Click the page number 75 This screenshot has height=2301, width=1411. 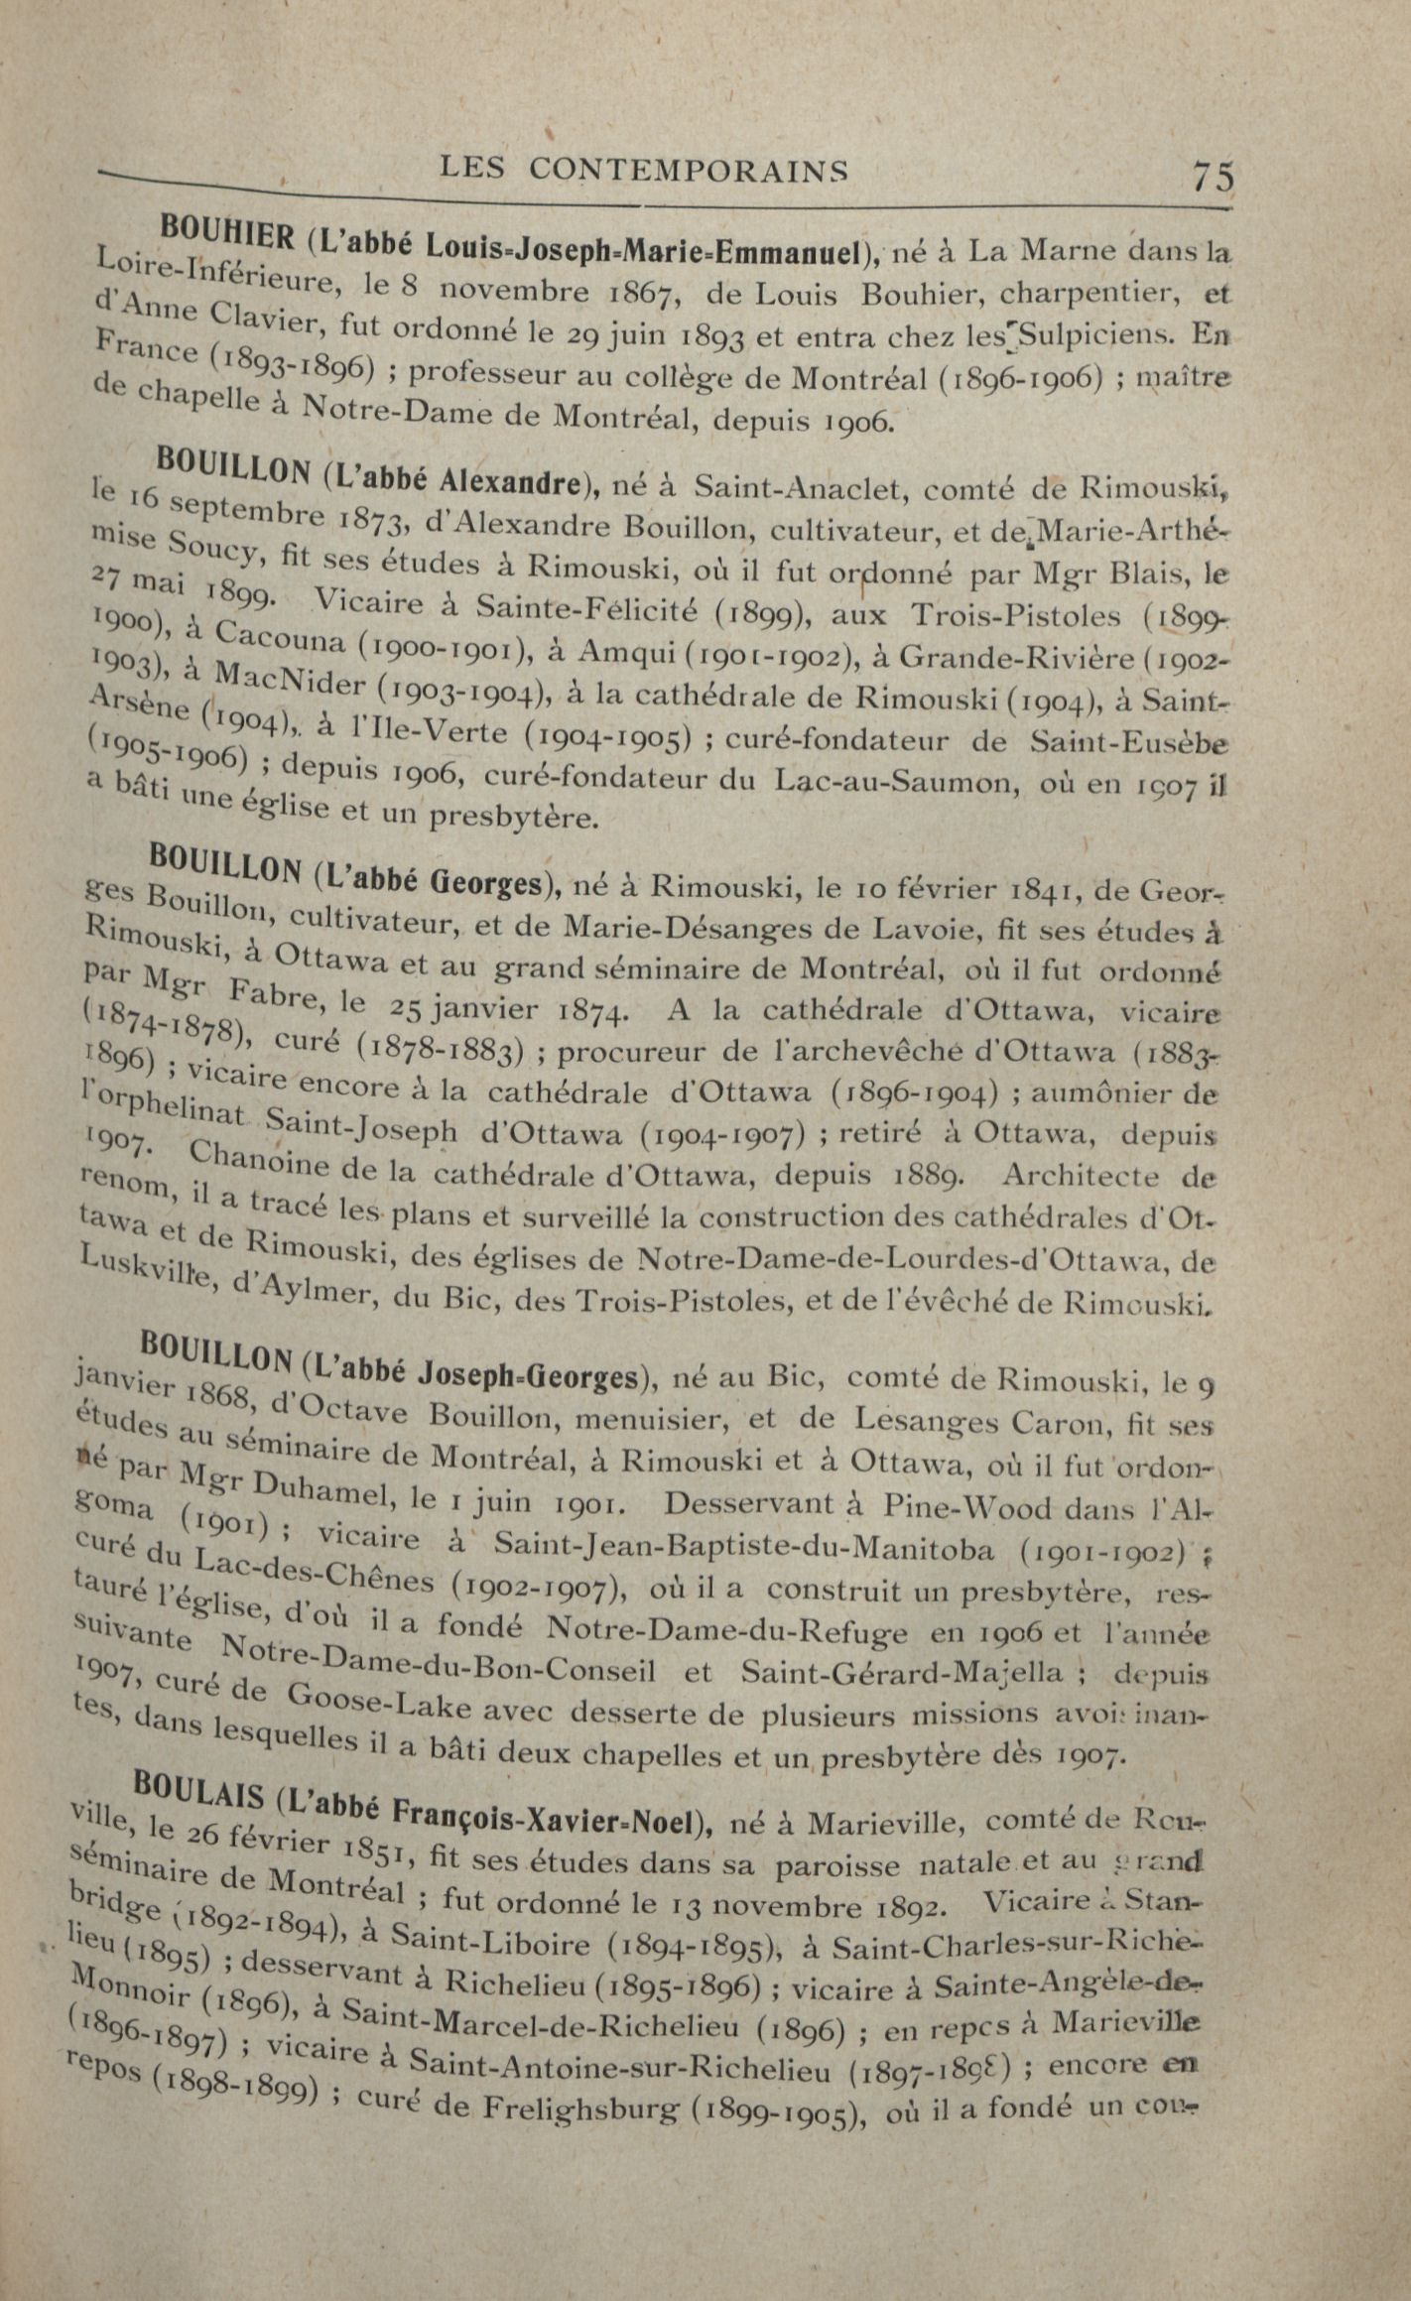click(1213, 176)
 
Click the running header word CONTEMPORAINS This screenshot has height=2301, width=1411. click(689, 170)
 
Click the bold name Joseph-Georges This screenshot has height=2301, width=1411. click(527, 1377)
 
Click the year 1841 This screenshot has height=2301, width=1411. click(1042, 889)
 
